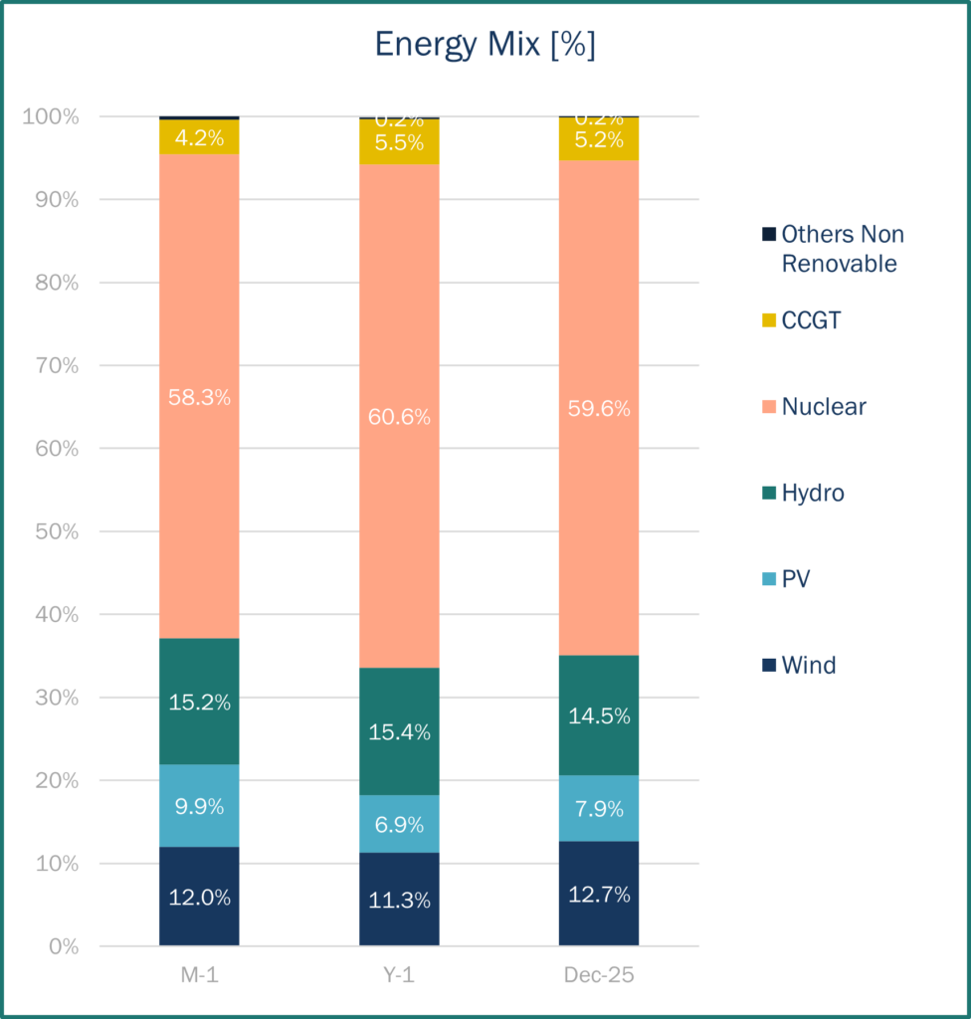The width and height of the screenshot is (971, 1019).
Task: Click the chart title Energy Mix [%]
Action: (x=485, y=46)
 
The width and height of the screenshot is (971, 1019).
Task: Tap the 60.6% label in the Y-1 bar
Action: (x=398, y=417)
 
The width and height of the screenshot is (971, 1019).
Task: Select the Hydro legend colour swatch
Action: (x=768, y=493)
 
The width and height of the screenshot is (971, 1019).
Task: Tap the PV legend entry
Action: (x=795, y=578)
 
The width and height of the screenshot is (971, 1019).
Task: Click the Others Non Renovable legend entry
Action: (x=842, y=249)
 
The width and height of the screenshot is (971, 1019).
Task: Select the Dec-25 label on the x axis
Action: (x=599, y=975)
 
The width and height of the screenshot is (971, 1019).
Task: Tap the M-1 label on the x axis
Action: (x=199, y=975)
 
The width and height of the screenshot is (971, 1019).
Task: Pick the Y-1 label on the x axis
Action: (x=399, y=975)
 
